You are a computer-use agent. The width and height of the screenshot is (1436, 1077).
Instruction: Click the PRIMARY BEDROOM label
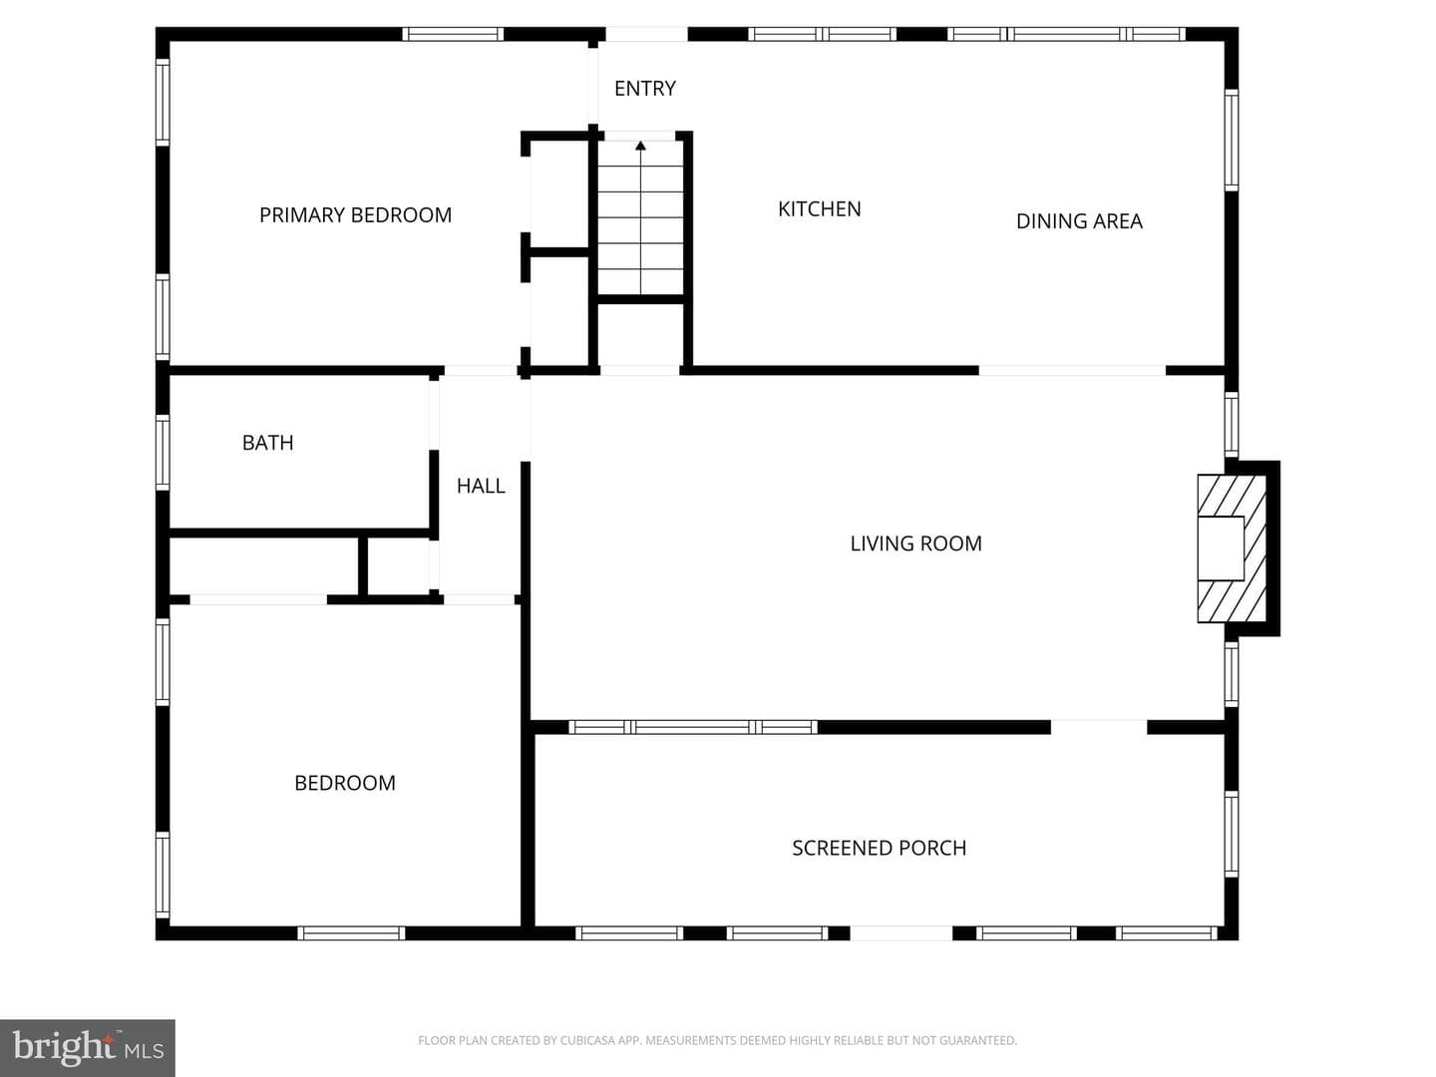pyautogui.click(x=355, y=215)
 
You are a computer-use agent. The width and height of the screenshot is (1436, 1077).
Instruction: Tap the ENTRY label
pyautogui.click(x=645, y=89)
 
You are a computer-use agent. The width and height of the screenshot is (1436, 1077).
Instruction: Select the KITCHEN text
pyautogui.click(x=819, y=209)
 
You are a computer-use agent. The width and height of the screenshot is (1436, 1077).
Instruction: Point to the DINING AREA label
pyautogui.click(x=1079, y=221)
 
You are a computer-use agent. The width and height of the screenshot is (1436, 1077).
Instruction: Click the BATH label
pyautogui.click(x=267, y=443)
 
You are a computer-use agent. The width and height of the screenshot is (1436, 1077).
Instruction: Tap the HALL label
pyautogui.click(x=481, y=486)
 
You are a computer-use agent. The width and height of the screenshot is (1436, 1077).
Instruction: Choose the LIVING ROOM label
pyautogui.click(x=915, y=543)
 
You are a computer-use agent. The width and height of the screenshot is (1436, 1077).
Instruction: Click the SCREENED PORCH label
pyautogui.click(x=879, y=848)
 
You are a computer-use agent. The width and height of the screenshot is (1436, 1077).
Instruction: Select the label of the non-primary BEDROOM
pyautogui.click(x=345, y=783)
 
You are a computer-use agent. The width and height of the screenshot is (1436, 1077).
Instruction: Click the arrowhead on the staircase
pyautogui.click(x=640, y=146)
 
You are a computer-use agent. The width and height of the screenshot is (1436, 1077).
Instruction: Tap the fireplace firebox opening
pyautogui.click(x=1221, y=548)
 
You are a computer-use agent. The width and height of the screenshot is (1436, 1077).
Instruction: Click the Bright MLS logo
pyautogui.click(x=88, y=1047)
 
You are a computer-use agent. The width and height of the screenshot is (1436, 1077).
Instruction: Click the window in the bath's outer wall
pyautogui.click(x=163, y=453)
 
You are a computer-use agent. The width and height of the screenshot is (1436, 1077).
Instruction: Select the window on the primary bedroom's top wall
pyautogui.click(x=453, y=34)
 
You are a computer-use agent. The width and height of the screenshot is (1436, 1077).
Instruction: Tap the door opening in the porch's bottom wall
pyautogui.click(x=900, y=933)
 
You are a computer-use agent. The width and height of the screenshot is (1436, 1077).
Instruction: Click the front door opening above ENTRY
pyautogui.click(x=646, y=34)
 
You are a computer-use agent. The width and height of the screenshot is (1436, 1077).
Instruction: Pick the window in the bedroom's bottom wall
pyautogui.click(x=351, y=933)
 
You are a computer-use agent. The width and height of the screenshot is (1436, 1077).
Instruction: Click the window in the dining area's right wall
pyautogui.click(x=1232, y=140)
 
